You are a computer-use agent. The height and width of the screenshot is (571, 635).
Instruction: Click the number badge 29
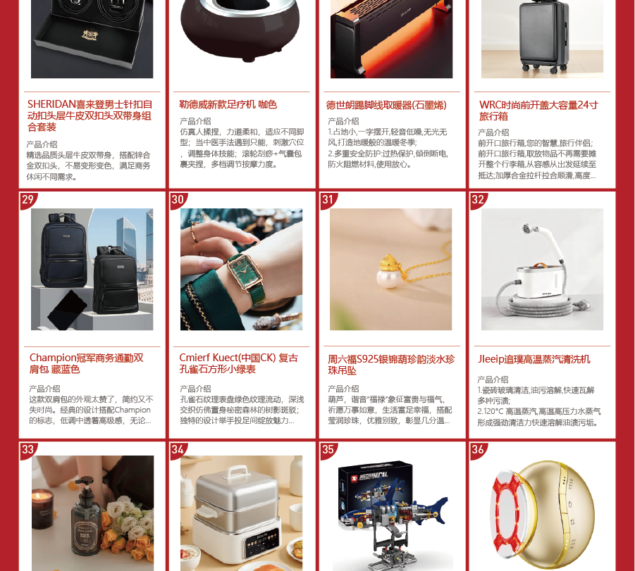click(28, 199)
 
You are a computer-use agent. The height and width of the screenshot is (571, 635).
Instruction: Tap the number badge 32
click(478, 199)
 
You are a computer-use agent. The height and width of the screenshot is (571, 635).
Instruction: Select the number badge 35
click(328, 450)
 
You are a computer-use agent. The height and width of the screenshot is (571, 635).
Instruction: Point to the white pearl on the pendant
click(388, 279)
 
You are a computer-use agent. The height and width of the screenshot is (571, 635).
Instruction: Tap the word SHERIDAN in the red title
click(51, 104)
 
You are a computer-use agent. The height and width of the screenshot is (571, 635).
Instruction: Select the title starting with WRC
click(538, 111)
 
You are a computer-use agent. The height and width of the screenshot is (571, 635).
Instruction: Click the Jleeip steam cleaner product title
click(534, 359)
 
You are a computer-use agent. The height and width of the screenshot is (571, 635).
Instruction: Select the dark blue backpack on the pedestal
click(63, 250)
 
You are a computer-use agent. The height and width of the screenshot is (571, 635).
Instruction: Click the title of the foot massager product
click(228, 105)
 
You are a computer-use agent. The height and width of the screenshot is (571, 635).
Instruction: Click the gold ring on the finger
click(194, 234)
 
